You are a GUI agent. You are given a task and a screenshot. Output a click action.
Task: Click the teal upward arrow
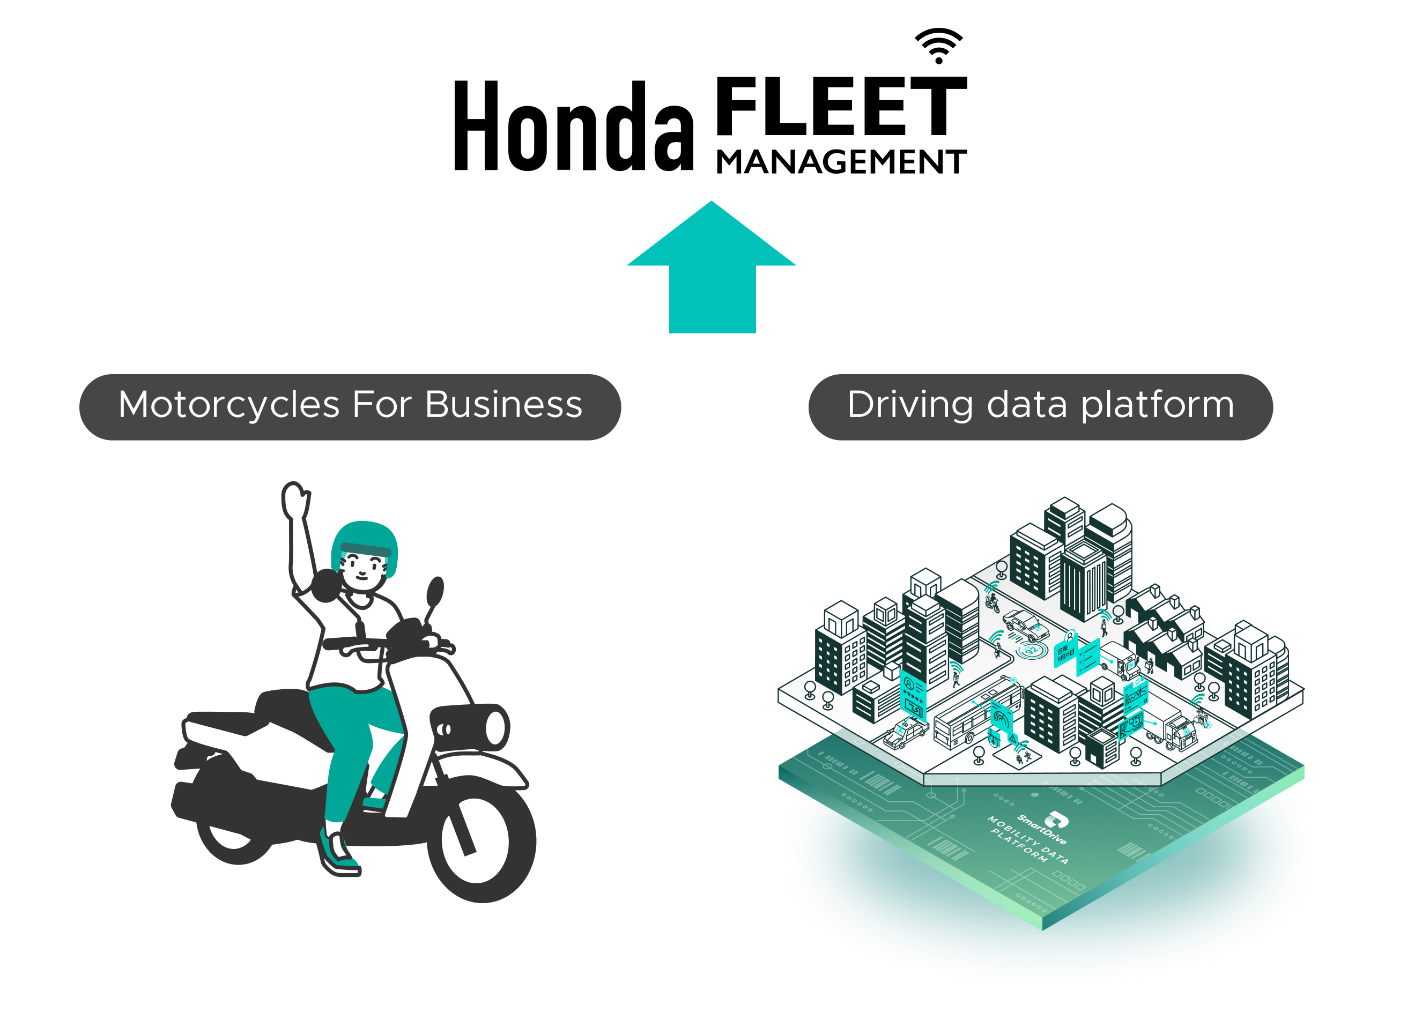click(712, 274)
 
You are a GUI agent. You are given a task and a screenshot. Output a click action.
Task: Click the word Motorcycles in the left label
click(229, 405)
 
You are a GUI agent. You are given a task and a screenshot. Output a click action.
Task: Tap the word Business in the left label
click(503, 405)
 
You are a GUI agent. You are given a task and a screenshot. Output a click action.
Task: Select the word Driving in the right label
click(910, 405)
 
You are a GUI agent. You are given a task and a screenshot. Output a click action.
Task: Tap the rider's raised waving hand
click(294, 499)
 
